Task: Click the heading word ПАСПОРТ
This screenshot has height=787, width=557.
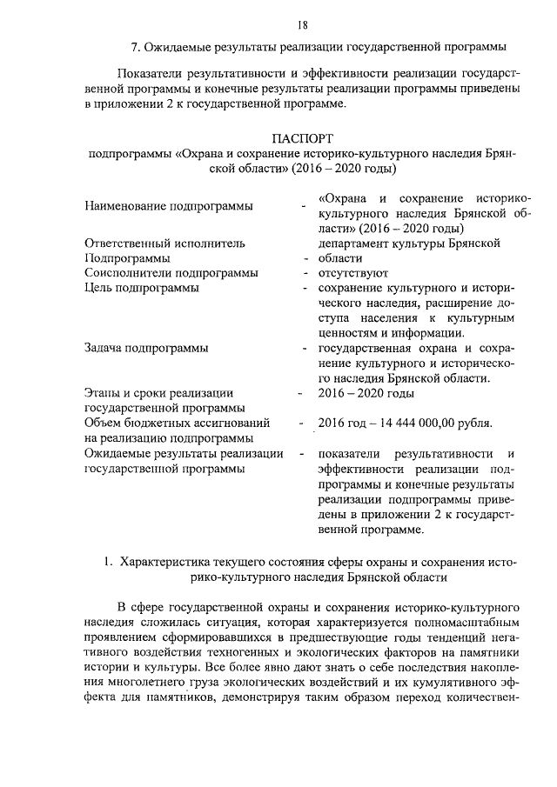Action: [302, 138]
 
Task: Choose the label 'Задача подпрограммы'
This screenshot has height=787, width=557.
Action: [146, 349]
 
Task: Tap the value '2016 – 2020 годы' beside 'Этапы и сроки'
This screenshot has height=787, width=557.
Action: [366, 394]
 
